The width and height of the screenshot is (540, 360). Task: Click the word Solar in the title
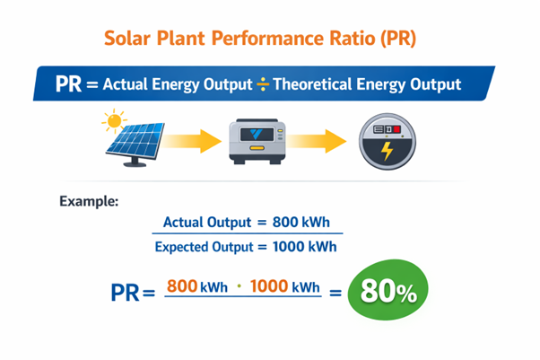(x=129, y=40)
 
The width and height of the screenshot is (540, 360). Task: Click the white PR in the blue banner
(x=68, y=84)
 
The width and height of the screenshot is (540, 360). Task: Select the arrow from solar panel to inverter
(x=196, y=140)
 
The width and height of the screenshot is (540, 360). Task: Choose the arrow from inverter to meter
(x=322, y=140)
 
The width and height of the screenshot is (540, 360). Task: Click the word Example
(x=89, y=201)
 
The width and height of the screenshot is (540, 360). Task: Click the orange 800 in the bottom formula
(x=182, y=287)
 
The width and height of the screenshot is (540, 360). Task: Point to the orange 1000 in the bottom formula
(x=269, y=287)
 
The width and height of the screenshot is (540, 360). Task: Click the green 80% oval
(x=388, y=291)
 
